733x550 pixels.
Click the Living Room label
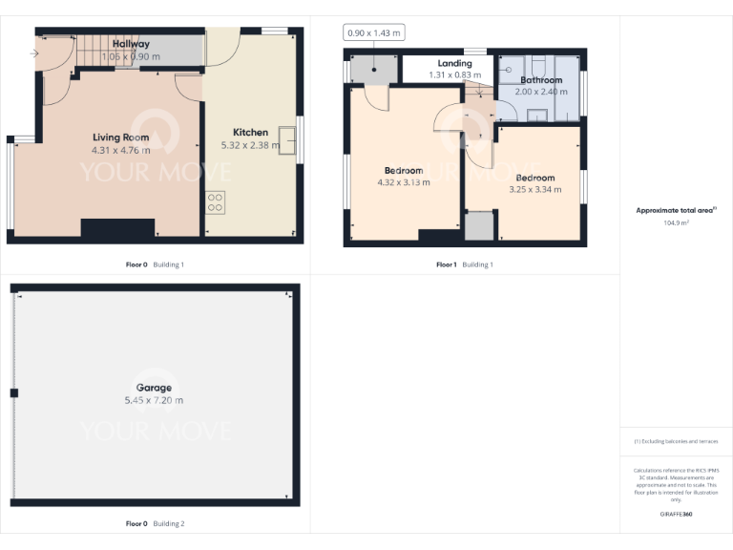120,137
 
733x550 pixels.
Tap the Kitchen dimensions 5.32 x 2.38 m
250,145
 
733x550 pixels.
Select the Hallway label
131,44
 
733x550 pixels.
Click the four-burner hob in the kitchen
215,201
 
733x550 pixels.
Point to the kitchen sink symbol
286,140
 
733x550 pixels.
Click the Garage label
154,388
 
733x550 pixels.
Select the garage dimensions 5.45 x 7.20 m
154,400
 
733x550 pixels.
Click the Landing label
454,63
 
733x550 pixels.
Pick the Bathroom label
541,80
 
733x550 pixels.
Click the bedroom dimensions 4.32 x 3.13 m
404,182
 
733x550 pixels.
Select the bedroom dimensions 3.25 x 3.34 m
534,190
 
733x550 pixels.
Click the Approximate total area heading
675,210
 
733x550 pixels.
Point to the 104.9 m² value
676,222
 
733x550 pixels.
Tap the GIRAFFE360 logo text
675,515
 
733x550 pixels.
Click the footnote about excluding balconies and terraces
675,441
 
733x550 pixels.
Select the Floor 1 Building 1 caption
465,264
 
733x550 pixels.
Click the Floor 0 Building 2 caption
155,523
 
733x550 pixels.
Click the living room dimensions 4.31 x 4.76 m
120,150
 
